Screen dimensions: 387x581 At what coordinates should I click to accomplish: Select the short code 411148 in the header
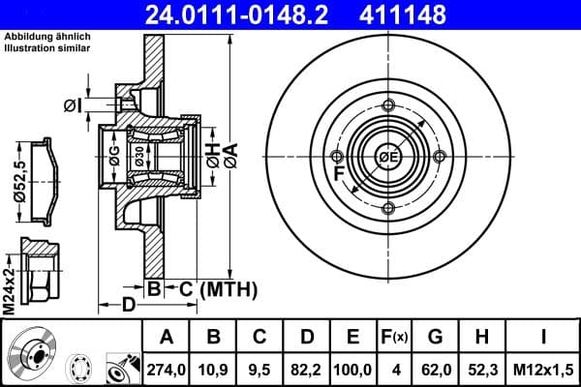[x=433, y=15]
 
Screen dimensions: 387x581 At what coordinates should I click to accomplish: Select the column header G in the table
[x=435, y=338]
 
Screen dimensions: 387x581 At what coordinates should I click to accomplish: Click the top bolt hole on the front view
[x=388, y=105]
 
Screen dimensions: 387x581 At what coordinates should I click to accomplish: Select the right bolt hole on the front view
[x=440, y=157]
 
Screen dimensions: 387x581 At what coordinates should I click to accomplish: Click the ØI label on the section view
[x=70, y=104]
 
